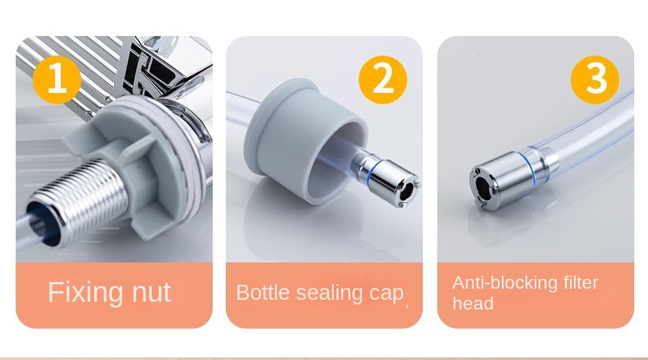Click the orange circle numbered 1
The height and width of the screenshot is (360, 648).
pyautogui.click(x=57, y=80)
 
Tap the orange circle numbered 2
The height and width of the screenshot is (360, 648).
pyautogui.click(x=383, y=80)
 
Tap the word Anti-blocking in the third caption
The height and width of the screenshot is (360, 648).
pyautogui.click(x=505, y=283)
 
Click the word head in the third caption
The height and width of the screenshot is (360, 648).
pyautogui.click(x=473, y=304)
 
